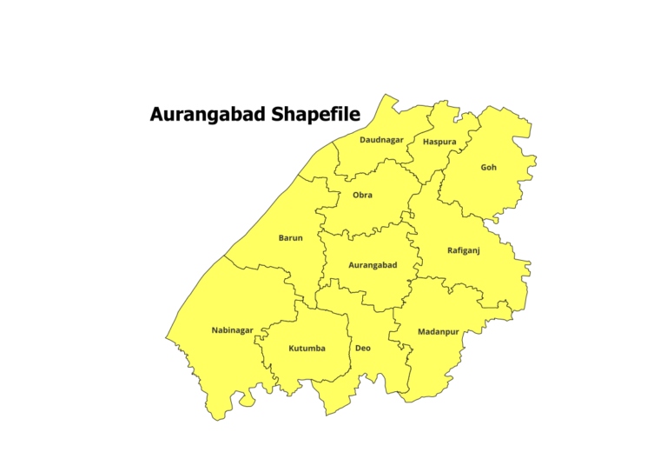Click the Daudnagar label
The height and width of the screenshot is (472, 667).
tap(381, 140)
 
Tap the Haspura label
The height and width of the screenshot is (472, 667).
tap(439, 142)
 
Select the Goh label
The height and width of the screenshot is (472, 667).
tap(489, 167)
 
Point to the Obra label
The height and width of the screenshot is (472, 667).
tap(362, 196)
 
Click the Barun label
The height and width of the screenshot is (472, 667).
tap(291, 238)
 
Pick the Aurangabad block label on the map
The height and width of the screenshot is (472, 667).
tap(372, 265)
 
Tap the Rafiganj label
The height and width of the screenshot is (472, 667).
tap(463, 250)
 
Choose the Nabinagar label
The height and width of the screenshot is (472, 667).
tap(232, 330)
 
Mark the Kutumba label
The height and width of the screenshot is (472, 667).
tap(307, 349)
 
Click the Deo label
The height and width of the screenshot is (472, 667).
tap(363, 348)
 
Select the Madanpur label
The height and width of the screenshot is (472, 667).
tap(438, 332)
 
